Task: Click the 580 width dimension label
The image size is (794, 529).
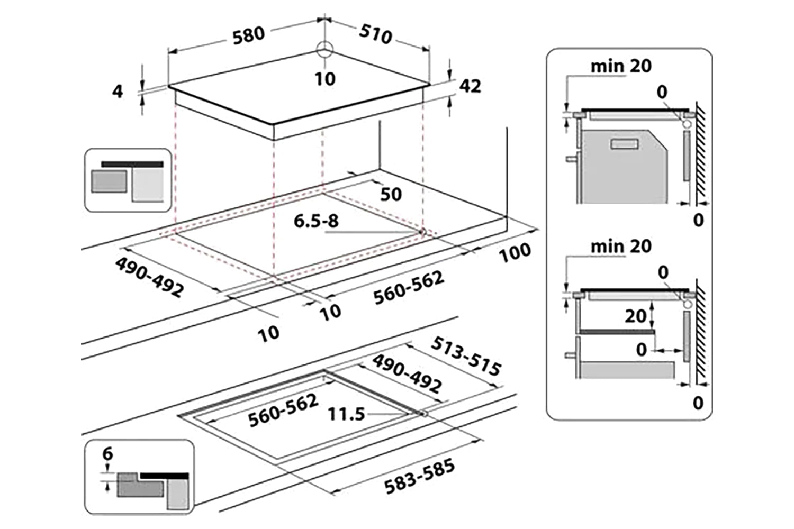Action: [x=248, y=34]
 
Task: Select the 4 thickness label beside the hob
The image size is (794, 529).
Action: [x=118, y=91]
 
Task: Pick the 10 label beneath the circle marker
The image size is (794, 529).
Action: [x=325, y=79]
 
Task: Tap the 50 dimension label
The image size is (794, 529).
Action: [x=391, y=194]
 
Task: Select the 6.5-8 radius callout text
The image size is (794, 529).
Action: [x=316, y=221]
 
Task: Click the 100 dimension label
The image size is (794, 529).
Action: [x=515, y=253]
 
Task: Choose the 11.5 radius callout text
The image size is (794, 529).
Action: [x=346, y=414]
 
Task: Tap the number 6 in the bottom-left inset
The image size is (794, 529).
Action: [x=108, y=454]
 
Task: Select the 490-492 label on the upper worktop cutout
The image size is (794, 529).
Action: [x=150, y=276]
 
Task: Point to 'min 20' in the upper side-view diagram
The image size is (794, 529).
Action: [x=621, y=66]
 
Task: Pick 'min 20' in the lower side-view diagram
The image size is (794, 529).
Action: [x=621, y=246]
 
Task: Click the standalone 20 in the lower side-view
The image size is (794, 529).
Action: [x=635, y=316]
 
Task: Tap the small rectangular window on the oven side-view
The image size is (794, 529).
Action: [x=626, y=144]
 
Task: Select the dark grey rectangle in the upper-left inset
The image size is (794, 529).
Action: [x=109, y=181]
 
